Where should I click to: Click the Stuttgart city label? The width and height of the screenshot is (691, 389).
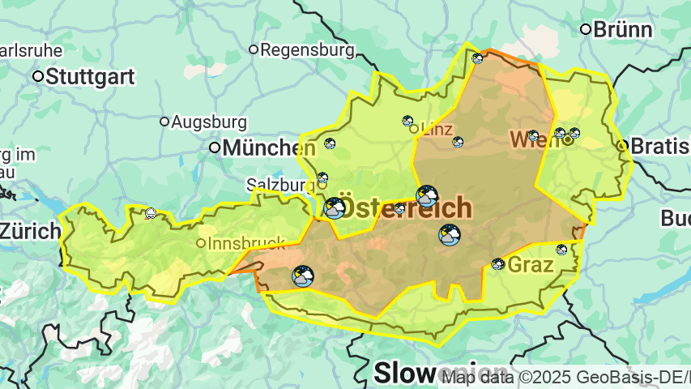click(90, 77)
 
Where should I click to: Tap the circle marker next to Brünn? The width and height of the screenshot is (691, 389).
click(585, 30)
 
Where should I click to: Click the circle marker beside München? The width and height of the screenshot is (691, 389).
click(215, 147)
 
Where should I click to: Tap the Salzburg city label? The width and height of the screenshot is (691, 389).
click(275, 185)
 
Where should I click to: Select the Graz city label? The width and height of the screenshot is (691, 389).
click(531, 265)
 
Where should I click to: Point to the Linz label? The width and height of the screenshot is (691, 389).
click(436, 129)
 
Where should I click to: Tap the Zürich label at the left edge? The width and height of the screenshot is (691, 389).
click(29, 231)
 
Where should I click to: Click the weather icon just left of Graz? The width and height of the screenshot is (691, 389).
click(497, 264)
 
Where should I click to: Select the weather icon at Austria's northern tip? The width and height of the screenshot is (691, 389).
click(477, 58)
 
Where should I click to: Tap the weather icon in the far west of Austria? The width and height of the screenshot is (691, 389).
click(151, 214)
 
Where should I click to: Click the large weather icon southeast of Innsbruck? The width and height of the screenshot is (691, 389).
click(303, 276)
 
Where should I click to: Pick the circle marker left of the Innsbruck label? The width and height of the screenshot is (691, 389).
click(201, 243)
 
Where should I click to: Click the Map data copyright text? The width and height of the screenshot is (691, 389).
click(565, 377)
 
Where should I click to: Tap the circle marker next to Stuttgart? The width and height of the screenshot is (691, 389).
click(37, 77)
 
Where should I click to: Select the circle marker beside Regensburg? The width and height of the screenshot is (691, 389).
click(253, 50)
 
